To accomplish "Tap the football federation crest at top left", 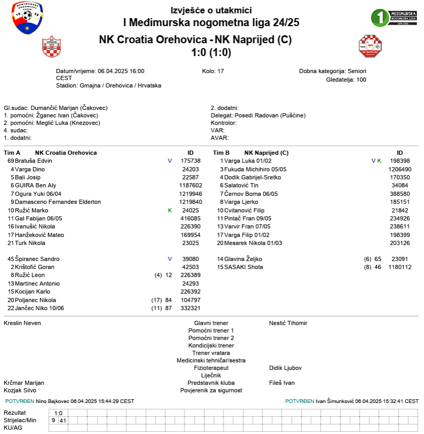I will click(27, 17).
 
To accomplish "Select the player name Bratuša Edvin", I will click(33, 161).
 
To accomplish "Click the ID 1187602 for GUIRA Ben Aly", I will click(190, 185).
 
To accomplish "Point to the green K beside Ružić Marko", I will click(170, 210).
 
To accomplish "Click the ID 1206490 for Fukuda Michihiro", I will click(400, 169).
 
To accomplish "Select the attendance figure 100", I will click(361, 80).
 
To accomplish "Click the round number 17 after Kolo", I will click(220, 71).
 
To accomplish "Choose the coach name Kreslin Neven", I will click(22, 323).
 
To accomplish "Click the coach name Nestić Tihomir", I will click(288, 323).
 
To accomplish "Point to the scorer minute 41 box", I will click(62, 421).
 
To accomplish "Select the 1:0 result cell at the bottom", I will click(58, 413).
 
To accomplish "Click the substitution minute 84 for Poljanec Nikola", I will click(169, 300).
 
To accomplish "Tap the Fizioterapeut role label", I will click(211, 368).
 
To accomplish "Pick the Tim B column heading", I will click(221, 153).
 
